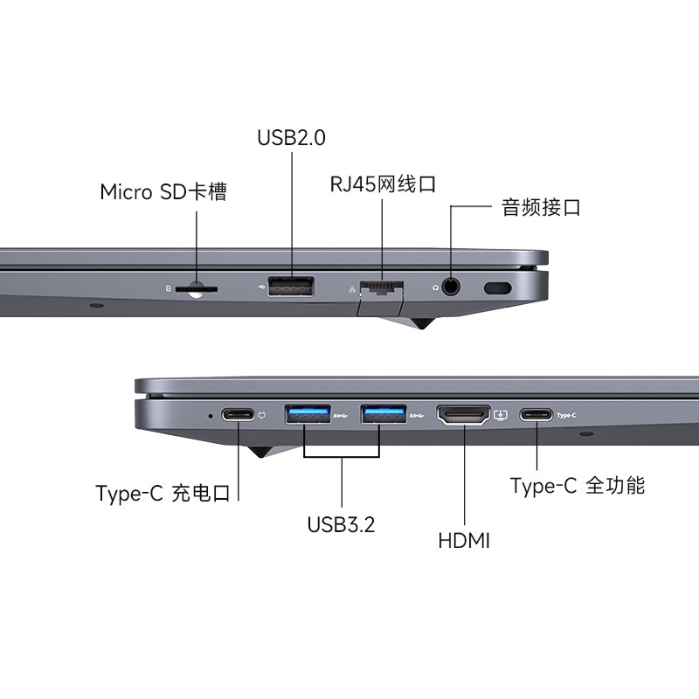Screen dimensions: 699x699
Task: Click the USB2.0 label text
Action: tap(291, 137)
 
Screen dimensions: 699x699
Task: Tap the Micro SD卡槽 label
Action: tap(163, 191)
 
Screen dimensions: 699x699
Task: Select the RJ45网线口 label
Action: tap(383, 184)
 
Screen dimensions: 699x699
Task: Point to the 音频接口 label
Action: tap(541, 207)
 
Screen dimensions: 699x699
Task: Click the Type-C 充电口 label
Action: tap(163, 493)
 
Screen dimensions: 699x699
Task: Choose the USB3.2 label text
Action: tap(341, 524)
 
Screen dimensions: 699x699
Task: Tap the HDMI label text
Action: tap(464, 541)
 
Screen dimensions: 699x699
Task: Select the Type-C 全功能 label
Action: tap(578, 486)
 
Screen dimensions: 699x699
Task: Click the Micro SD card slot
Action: tap(197, 289)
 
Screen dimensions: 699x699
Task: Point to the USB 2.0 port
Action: tap(291, 287)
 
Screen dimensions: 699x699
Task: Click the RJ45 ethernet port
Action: tap(382, 288)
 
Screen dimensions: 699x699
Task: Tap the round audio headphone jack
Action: tap(451, 287)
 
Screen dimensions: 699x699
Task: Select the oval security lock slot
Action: tap(497, 288)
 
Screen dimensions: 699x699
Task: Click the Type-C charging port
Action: tap(238, 414)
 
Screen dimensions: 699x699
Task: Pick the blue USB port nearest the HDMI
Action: tap(384, 414)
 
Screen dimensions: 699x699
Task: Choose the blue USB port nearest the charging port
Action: tap(308, 414)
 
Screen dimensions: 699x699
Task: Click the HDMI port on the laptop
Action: tap(463, 415)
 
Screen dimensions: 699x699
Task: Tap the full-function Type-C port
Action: tap(536, 414)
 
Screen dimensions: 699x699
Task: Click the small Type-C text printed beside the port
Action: tap(566, 416)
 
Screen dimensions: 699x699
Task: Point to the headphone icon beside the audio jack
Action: tap(435, 288)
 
